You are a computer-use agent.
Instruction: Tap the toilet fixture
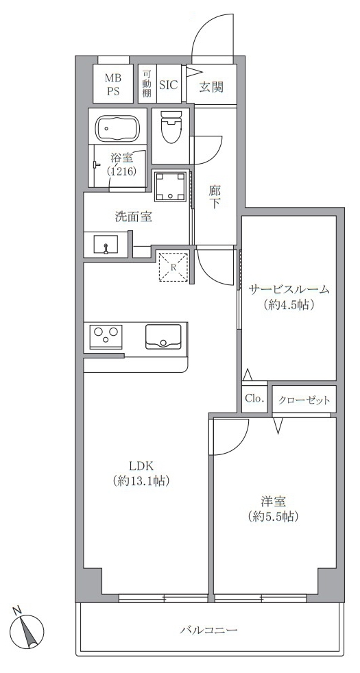click(171, 127)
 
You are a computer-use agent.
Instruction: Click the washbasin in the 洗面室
click(106, 244)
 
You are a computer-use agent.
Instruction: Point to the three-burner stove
click(106, 336)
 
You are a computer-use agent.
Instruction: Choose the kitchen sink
click(163, 336)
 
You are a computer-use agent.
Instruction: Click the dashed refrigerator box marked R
click(173, 267)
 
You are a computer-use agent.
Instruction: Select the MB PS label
click(113, 84)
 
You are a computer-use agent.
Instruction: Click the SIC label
click(169, 84)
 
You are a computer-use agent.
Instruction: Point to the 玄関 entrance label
click(211, 87)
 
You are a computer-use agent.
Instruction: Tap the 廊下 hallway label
click(215, 197)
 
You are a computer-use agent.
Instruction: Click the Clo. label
click(254, 398)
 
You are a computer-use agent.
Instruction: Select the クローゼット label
click(304, 400)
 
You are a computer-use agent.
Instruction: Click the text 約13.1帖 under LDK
click(141, 481)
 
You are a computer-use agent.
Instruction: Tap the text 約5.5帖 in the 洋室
click(273, 516)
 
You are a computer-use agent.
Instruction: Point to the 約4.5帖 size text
click(290, 305)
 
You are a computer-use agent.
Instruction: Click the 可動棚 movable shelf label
click(147, 83)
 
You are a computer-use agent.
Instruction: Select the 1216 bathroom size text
click(121, 172)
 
